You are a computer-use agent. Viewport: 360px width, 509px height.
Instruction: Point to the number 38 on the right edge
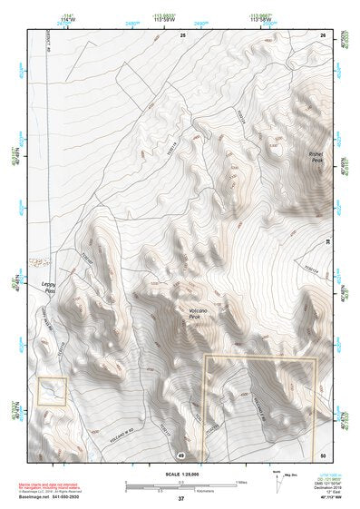pyautogui.click(x=327, y=242)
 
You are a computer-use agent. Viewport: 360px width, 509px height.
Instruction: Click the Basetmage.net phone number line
pyautogui.click(x=50, y=496)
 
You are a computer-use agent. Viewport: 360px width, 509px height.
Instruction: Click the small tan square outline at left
pyautogui.click(x=52, y=391)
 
